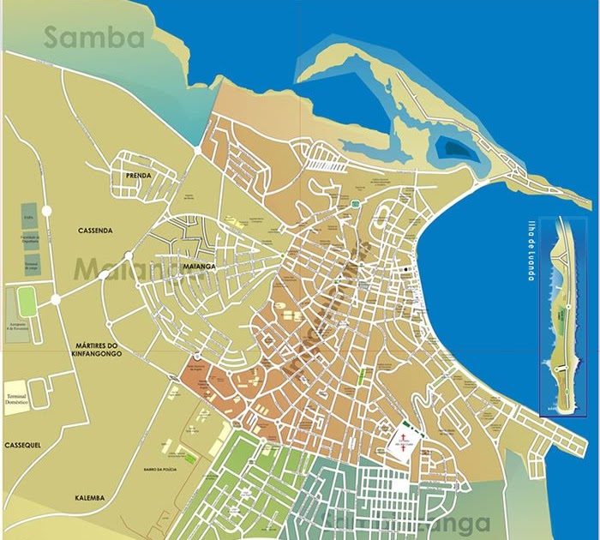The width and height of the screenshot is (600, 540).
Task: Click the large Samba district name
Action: click(x=94, y=38)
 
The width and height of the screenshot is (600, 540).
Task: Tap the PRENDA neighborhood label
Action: click(x=138, y=176)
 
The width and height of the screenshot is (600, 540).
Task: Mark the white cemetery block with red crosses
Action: click(x=402, y=443)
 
